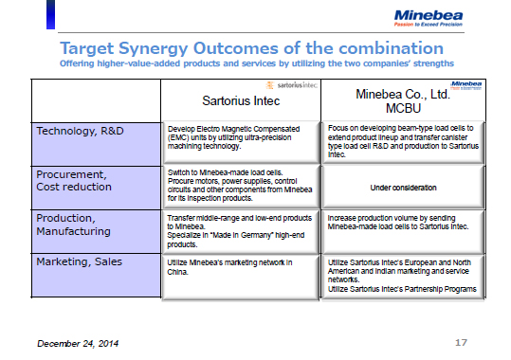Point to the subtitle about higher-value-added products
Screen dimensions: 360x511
(x=256, y=63)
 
